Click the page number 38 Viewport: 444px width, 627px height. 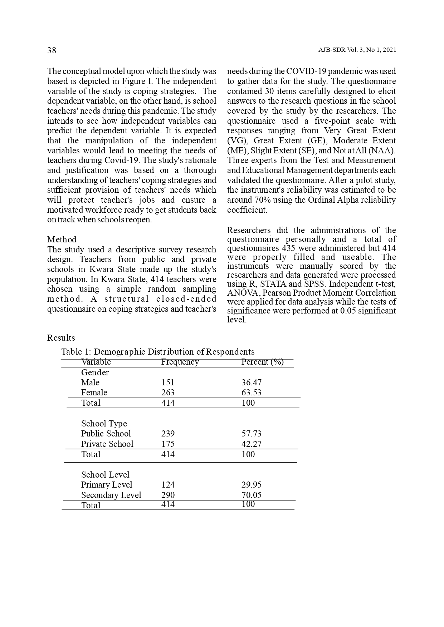(x=52, y=50)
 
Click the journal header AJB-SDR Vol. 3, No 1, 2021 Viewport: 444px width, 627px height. (x=357, y=50)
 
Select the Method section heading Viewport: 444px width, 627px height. (x=62, y=240)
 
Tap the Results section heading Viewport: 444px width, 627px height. (x=61, y=338)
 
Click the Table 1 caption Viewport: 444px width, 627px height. (x=158, y=352)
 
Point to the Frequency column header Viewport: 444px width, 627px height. (x=180, y=362)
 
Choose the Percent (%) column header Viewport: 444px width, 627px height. (x=262, y=362)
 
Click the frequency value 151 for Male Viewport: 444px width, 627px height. (x=168, y=382)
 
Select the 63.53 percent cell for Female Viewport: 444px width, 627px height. (x=251, y=393)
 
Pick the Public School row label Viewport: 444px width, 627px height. (x=106, y=434)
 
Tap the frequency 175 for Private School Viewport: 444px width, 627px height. (x=168, y=444)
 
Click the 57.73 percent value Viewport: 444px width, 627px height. (x=251, y=434)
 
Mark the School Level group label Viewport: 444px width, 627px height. (x=105, y=475)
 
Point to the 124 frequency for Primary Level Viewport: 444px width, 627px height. (x=168, y=485)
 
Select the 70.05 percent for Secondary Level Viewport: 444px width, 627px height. (x=251, y=495)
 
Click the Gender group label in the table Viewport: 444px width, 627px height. (x=95, y=372)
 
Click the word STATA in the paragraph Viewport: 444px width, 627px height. (x=273, y=284)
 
